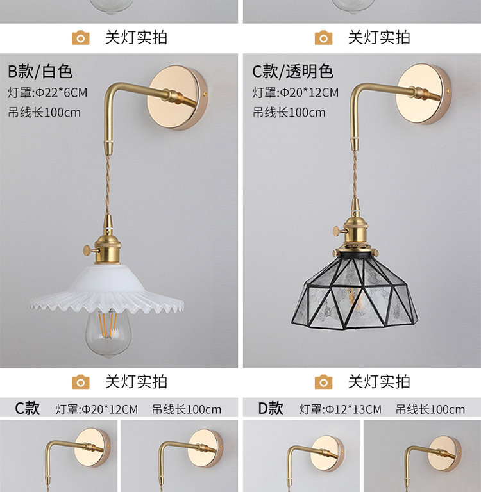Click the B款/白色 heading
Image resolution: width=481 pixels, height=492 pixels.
click(40, 70)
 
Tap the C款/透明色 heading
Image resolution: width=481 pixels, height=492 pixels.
click(292, 70)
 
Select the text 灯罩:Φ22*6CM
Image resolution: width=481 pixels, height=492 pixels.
click(47, 92)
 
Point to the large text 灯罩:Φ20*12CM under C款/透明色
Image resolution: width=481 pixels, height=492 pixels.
click(295, 92)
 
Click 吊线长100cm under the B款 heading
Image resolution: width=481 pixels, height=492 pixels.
click(45, 113)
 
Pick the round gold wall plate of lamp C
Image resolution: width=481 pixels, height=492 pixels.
click(423, 95)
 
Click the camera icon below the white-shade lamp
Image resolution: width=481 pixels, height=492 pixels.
click(80, 382)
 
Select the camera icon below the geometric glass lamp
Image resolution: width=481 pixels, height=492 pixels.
click(324, 382)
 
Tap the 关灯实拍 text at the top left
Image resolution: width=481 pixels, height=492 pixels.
click(136, 37)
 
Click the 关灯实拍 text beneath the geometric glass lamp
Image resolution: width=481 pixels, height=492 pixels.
click(379, 382)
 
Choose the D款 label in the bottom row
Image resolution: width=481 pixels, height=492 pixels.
click(271, 409)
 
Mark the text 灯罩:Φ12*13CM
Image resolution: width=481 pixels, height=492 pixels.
click(340, 409)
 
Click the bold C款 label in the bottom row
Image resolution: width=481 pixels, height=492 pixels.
click(28, 409)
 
